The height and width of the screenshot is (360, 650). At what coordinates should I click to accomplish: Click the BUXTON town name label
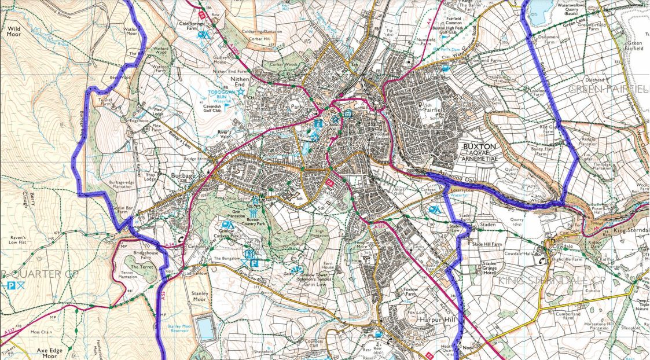479,146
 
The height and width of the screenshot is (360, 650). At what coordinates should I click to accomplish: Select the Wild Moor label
13,31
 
